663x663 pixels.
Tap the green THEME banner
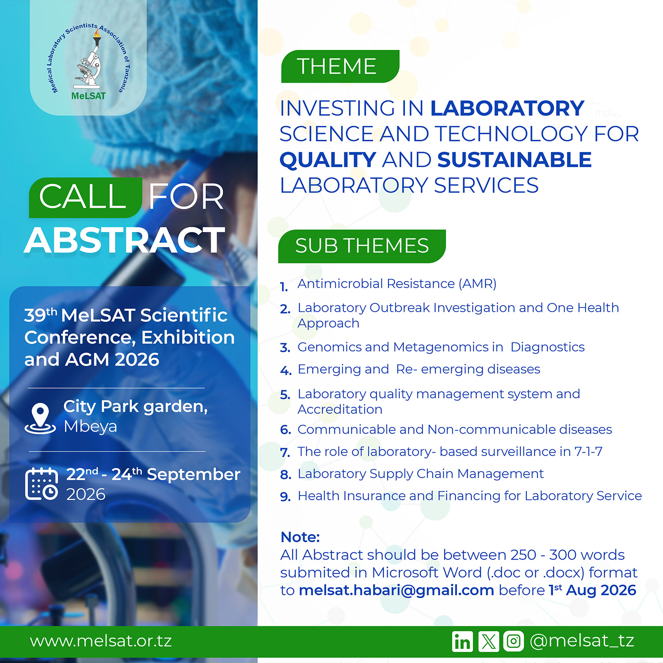click(x=340, y=66)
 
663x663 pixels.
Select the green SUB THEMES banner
click(x=362, y=246)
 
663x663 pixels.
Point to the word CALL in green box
click(x=83, y=197)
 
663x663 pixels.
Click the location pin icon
click(x=40, y=418)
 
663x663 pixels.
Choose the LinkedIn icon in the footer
click(x=462, y=641)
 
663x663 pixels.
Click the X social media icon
click(x=488, y=641)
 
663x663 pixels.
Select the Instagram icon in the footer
click(x=514, y=641)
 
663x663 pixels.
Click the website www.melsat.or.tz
click(x=101, y=641)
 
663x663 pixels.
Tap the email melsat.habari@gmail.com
click(x=396, y=590)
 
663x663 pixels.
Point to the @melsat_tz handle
click(x=582, y=641)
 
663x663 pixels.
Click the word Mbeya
click(x=91, y=427)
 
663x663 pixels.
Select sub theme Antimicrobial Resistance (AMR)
click(x=397, y=284)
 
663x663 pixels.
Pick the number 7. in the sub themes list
click(x=285, y=453)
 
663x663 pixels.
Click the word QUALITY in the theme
click(x=328, y=160)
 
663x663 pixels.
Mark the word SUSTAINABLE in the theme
click(x=514, y=160)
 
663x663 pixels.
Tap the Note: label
click(x=300, y=537)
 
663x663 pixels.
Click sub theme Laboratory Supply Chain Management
click(x=421, y=474)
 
